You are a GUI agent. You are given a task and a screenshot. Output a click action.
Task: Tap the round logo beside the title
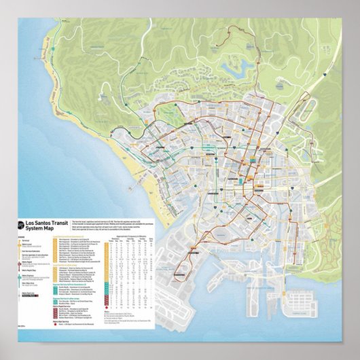tap(20, 225)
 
